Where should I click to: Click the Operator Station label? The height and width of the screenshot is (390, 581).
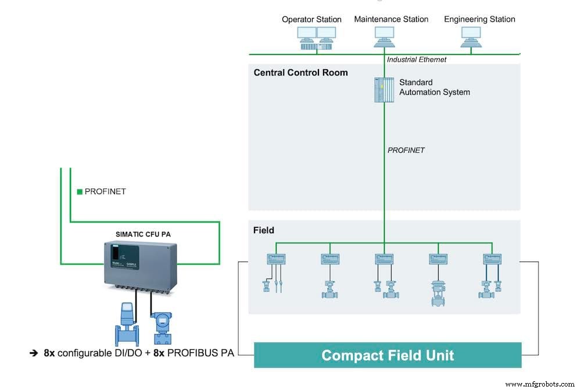(311, 19)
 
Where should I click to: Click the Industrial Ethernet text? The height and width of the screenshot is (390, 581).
(417, 59)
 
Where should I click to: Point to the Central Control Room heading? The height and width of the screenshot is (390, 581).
(300, 73)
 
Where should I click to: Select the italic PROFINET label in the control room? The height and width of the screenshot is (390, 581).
(406, 150)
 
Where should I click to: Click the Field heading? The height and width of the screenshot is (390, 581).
(263, 230)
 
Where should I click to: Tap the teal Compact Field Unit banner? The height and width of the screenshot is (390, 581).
(388, 355)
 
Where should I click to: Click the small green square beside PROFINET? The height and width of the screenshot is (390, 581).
(80, 191)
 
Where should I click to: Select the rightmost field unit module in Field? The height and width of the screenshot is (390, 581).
(493, 259)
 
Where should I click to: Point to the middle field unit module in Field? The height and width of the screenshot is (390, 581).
(384, 259)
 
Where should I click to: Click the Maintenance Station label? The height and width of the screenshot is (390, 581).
(391, 19)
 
